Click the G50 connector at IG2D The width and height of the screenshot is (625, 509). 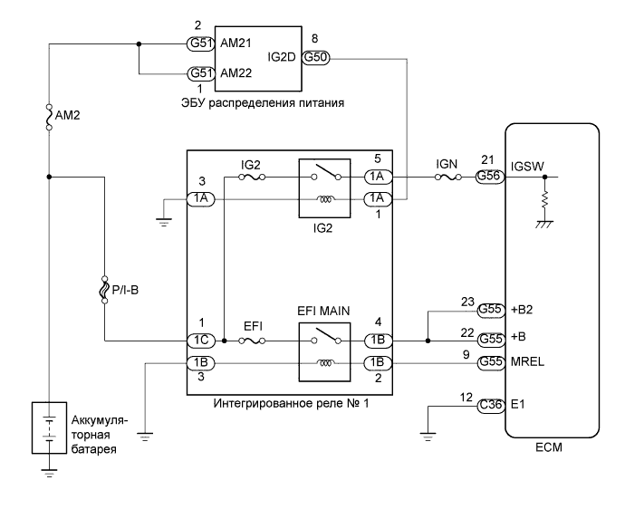point(317,56)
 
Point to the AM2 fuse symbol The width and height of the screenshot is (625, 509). point(49,118)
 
